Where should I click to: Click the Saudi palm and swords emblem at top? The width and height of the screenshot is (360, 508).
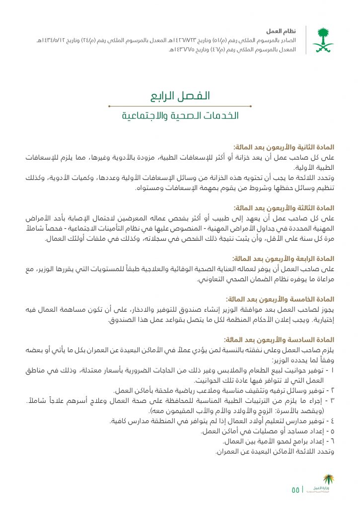[323, 40]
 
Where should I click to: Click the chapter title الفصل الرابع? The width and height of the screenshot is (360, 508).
[180, 95]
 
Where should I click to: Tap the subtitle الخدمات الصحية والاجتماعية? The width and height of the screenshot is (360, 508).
[180, 116]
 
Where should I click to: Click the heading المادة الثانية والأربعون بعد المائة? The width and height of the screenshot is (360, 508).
[284, 147]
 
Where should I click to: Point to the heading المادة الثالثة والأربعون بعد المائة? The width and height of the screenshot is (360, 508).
[284, 208]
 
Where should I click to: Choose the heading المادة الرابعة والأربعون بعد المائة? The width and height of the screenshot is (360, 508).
[284, 259]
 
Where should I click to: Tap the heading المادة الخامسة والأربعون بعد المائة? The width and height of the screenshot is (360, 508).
[280, 300]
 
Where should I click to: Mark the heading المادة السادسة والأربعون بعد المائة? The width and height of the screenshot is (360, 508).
[280, 340]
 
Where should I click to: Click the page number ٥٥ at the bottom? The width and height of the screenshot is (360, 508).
[295, 490]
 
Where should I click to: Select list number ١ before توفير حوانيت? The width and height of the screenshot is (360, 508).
[332, 371]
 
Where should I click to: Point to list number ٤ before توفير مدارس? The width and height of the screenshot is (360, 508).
[332, 421]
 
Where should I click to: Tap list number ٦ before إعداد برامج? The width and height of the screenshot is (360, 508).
[332, 441]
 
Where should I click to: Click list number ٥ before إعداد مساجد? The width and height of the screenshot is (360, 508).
[332, 431]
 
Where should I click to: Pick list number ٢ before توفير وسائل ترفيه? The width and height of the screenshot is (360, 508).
[332, 390]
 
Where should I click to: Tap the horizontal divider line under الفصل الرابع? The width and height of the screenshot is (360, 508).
[180, 106]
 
